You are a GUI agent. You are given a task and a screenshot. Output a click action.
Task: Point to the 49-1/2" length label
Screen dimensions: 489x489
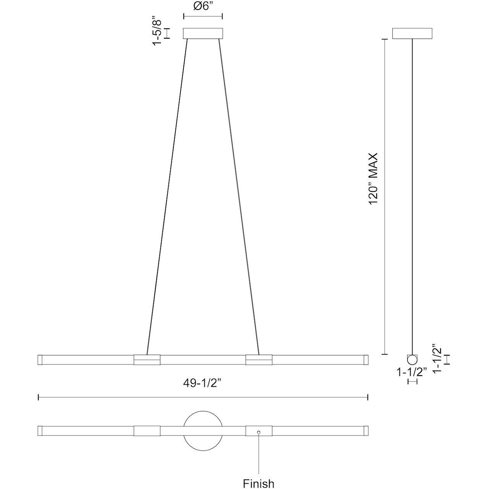[202, 383]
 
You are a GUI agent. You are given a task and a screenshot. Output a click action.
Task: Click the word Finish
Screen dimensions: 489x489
[259, 483]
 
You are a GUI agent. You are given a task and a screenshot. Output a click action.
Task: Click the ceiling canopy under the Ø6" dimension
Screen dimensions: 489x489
[203, 33]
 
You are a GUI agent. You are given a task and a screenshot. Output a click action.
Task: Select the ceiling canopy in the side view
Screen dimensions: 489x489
[412, 33]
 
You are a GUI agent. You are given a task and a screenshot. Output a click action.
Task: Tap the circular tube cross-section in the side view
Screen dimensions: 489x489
[412, 359]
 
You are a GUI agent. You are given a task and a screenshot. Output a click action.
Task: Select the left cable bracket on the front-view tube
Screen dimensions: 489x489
[147, 359]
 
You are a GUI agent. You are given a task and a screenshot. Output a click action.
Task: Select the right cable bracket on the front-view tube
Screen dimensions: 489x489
[259, 359]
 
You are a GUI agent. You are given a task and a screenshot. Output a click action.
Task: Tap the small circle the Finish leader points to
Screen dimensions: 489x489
[259, 432]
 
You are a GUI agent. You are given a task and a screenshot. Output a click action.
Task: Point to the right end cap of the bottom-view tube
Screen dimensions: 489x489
[366, 431]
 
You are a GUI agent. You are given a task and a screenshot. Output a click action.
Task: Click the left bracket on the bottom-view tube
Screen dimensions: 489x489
[147, 431]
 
